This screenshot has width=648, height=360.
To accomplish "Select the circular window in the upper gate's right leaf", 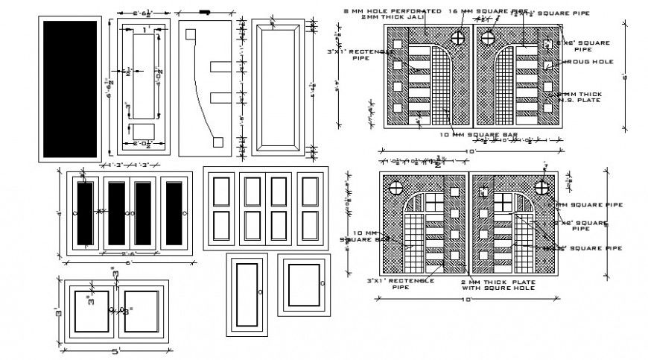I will point(489,37).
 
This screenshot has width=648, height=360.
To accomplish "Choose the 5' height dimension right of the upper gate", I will point(623,75).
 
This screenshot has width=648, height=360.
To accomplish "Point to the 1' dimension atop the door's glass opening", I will point(145,29).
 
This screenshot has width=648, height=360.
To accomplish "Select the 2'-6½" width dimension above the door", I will point(142,13).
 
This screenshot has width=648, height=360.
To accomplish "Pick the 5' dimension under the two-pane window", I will point(115,351).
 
